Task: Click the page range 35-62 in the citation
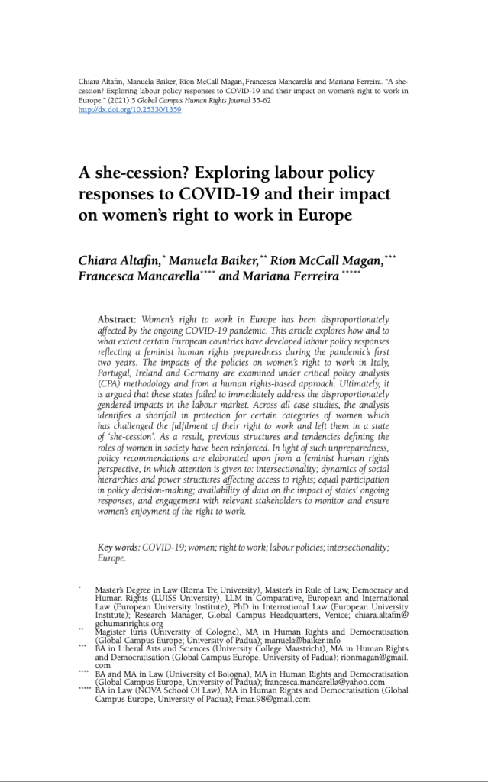tap(255, 100)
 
